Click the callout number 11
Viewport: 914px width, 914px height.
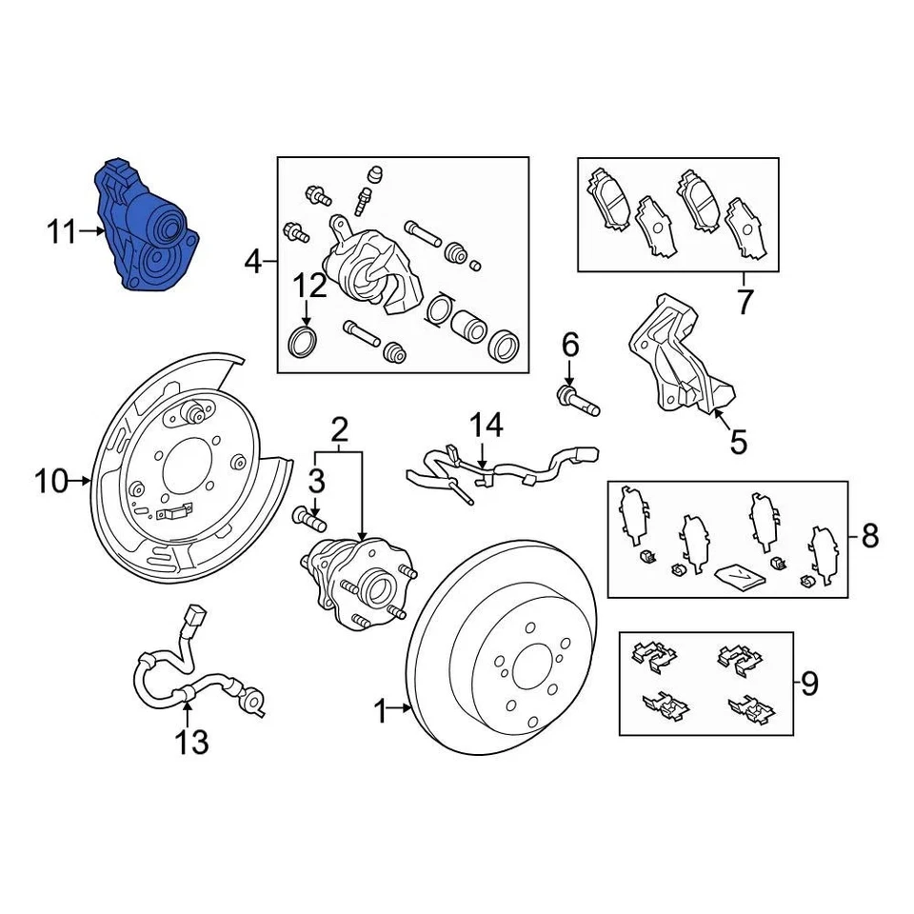pos(62,231)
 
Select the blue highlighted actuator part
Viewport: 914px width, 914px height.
pos(149,228)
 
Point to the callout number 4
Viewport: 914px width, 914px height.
pos(252,260)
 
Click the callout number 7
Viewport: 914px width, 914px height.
pos(744,302)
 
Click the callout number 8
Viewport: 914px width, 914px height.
pos(869,536)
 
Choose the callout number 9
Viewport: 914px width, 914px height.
pos(808,683)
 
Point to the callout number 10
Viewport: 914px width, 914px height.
pos(52,482)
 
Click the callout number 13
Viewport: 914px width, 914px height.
pos(191,742)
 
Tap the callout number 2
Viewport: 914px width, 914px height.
pos(339,431)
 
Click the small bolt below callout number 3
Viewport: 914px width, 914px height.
pos(308,518)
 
